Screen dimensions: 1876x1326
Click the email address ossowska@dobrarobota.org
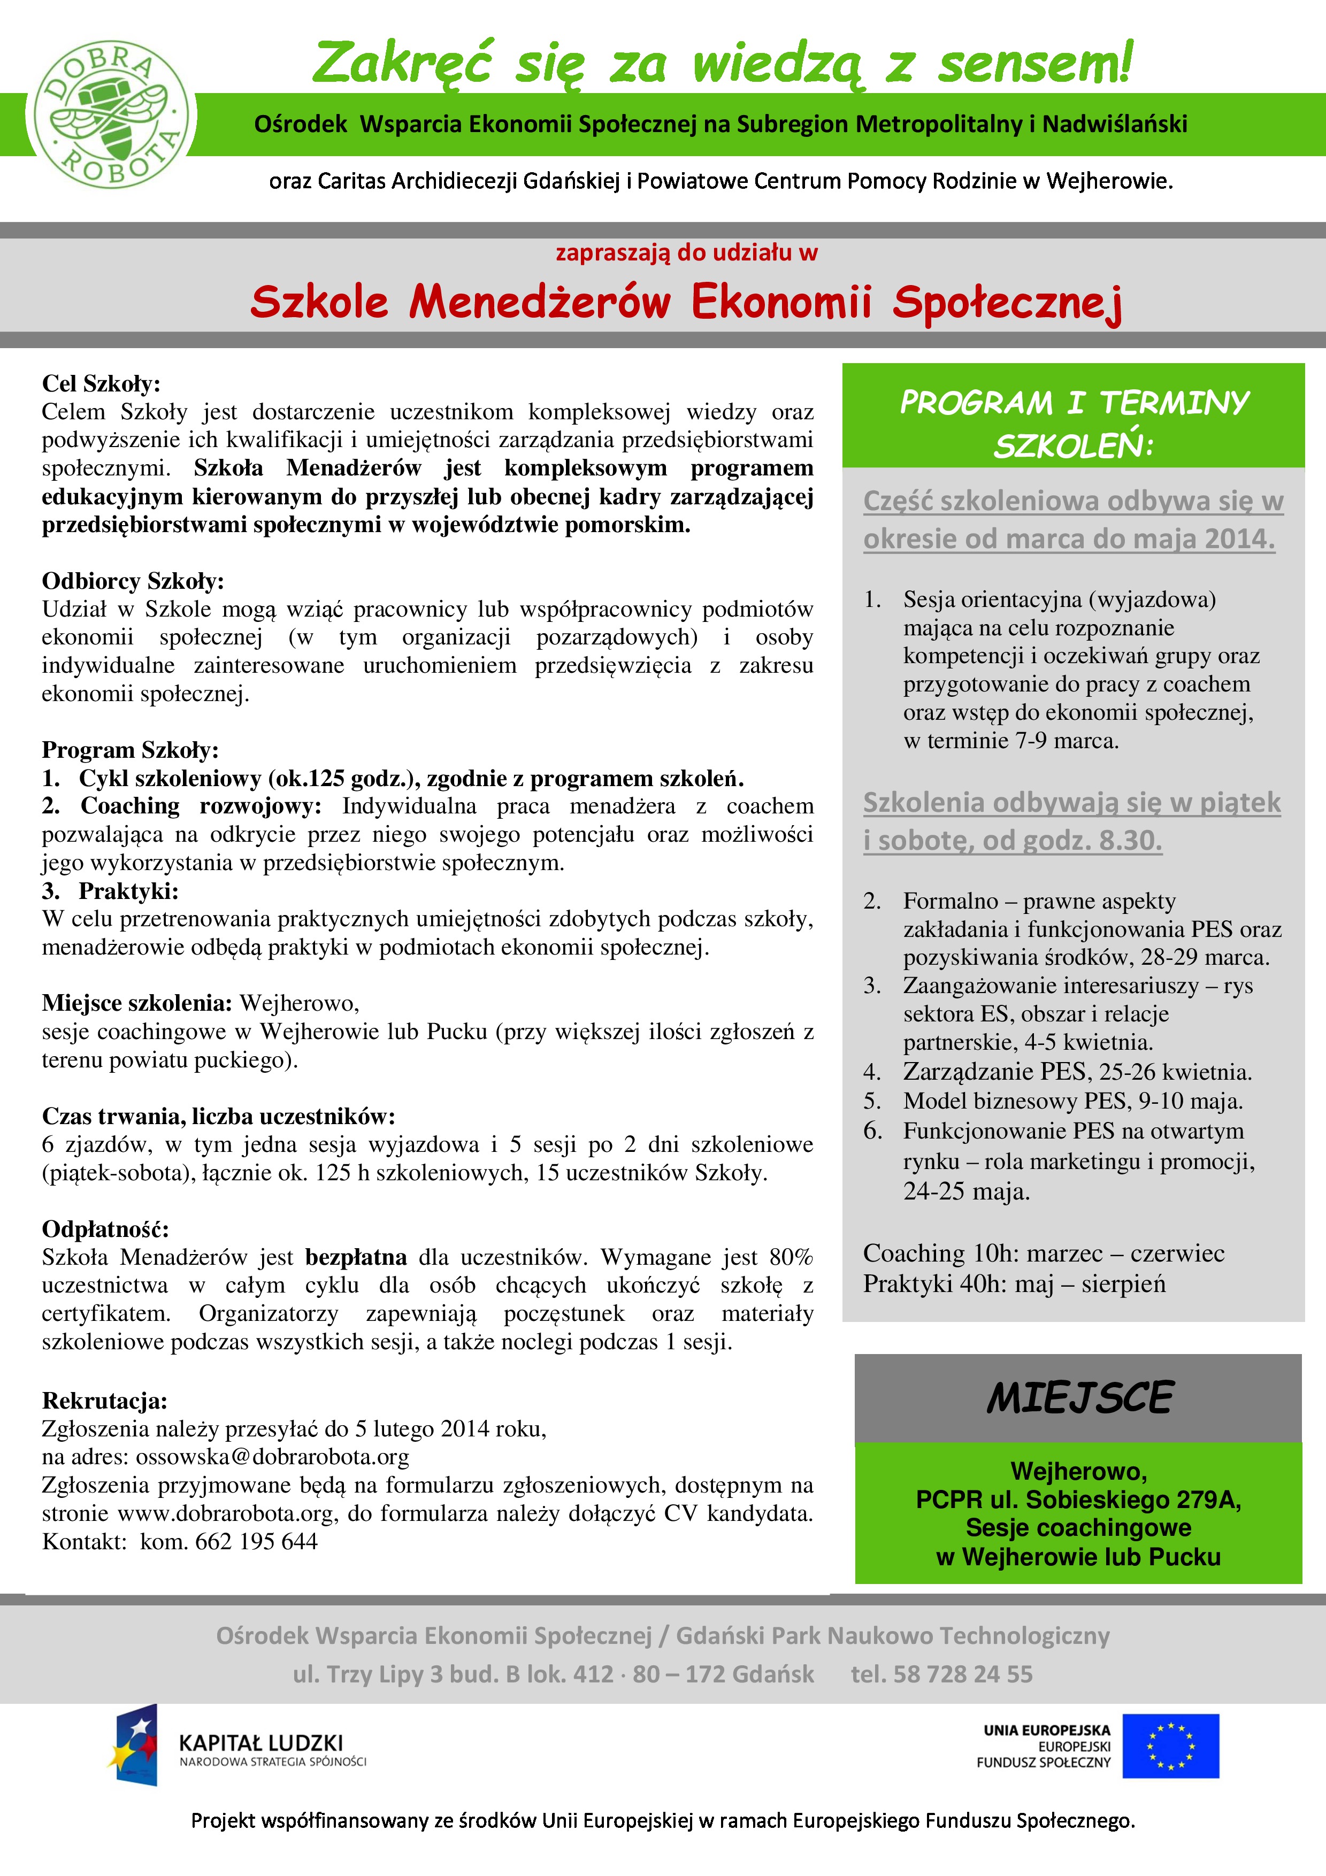point(272,1457)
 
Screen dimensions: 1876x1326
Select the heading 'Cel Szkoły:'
point(101,383)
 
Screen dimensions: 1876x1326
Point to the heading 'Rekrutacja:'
point(105,1401)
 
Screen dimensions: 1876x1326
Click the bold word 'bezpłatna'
point(355,1257)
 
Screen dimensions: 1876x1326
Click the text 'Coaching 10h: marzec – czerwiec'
point(1044,1254)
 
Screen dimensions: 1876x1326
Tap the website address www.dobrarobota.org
point(226,1513)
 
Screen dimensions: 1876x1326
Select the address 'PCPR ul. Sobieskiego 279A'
point(1078,1500)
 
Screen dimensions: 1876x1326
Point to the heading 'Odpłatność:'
point(105,1229)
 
